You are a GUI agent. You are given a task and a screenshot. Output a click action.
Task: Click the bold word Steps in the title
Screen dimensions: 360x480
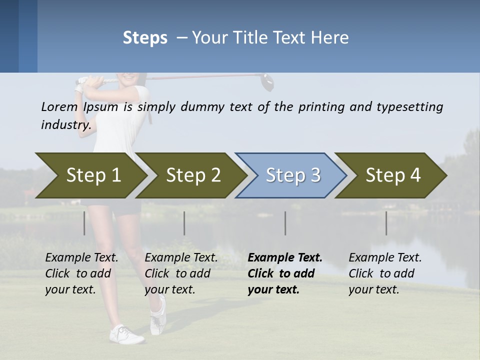[x=145, y=37]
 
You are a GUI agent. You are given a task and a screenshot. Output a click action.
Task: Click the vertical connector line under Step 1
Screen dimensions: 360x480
[x=84, y=223]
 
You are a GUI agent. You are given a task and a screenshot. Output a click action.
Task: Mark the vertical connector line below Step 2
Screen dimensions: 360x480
[x=184, y=223]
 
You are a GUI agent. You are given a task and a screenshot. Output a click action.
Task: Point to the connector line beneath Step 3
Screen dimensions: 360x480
[x=285, y=223]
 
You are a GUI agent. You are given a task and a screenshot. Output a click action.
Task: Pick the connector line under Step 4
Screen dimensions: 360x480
[x=386, y=223]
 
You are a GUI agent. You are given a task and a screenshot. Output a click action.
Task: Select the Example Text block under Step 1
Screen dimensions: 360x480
[x=81, y=273]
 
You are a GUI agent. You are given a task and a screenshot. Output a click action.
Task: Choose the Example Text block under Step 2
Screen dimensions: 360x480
[x=181, y=273]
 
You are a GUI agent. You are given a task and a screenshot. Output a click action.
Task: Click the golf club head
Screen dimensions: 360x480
[x=266, y=81]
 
